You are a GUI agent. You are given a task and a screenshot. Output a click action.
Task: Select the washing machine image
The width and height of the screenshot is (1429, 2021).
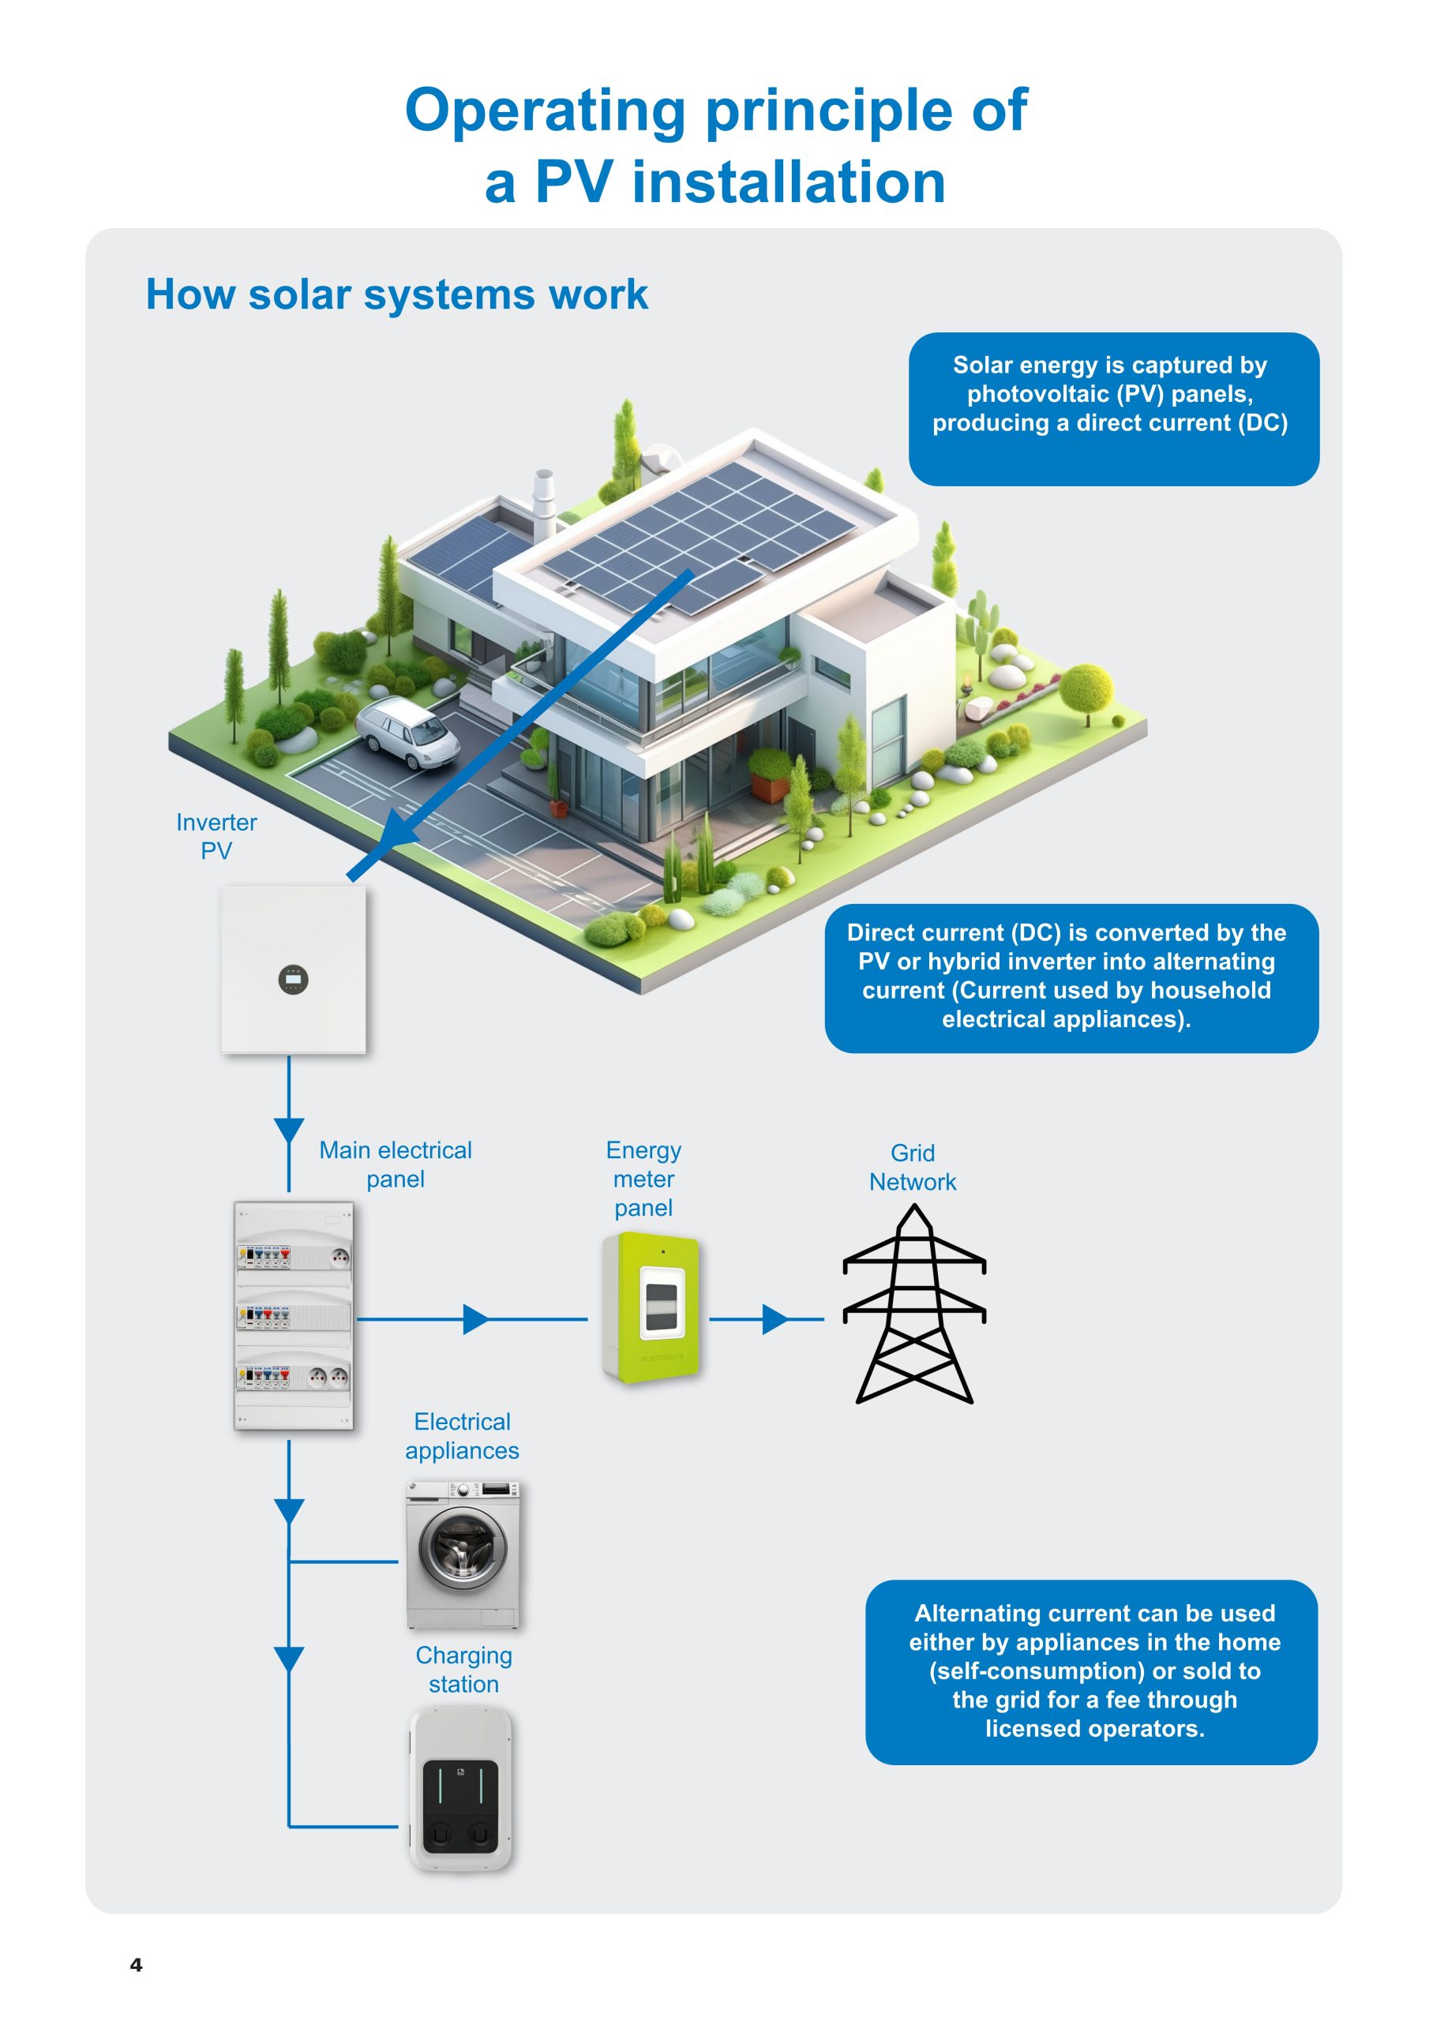coord(462,1554)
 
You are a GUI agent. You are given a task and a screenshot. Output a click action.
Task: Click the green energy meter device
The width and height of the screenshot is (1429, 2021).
coord(651,1307)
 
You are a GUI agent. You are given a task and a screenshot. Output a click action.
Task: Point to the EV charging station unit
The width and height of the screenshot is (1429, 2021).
coord(460,1789)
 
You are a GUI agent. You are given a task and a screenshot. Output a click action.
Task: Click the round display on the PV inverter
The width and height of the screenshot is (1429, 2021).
coord(293,979)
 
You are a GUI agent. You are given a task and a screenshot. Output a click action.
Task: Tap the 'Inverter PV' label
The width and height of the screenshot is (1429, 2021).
coord(216,836)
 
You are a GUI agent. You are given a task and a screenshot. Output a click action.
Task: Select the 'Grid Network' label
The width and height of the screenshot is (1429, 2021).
coord(912,1167)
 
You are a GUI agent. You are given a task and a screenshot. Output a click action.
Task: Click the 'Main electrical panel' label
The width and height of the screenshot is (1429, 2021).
coord(396,1164)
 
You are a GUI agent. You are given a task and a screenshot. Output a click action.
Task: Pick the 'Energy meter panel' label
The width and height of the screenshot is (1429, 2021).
coord(643,1179)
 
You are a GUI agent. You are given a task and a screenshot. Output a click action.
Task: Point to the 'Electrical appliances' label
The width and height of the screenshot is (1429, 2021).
coord(462,1436)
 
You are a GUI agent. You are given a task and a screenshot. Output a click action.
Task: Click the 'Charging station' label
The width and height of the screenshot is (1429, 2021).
coord(464,1669)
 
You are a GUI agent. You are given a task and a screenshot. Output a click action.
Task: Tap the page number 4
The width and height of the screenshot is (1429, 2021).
coord(136,1965)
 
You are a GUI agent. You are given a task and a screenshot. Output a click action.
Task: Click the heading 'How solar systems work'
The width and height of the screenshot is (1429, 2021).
coord(396,294)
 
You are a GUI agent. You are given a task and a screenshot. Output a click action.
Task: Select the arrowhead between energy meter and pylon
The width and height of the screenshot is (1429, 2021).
coord(775,1319)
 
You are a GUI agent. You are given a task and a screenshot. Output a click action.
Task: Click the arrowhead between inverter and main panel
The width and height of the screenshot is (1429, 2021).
coord(289,1130)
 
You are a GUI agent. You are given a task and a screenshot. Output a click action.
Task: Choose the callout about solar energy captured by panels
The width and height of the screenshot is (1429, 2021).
coord(1113,408)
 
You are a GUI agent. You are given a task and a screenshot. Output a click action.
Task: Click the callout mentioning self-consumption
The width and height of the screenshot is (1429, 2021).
coord(1092,1671)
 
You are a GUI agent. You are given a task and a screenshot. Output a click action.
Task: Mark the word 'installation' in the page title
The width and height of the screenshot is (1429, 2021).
coord(788,182)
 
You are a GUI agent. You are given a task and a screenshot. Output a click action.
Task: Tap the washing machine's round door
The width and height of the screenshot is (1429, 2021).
coord(462,1549)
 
